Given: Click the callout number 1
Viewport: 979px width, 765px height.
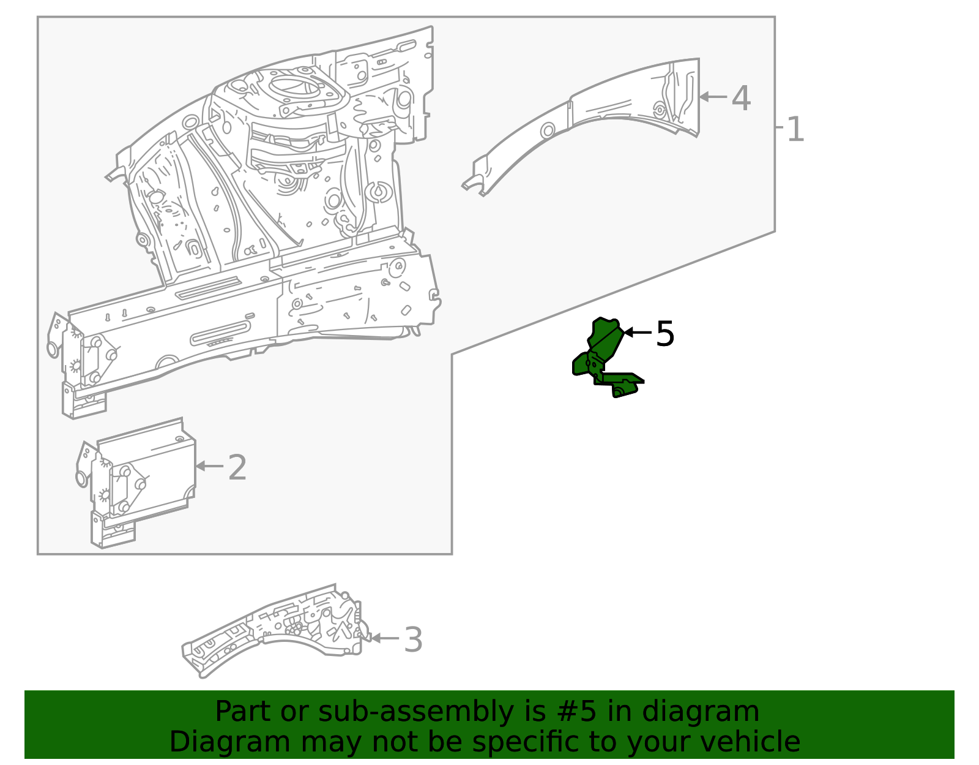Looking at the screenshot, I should point(795,130).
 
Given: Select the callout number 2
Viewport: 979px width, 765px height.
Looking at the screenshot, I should point(237,468).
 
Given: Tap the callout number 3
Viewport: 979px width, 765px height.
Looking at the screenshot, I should point(414,640).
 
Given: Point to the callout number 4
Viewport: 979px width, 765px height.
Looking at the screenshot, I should point(741,98).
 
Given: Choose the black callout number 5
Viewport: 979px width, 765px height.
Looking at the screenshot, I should point(664,334).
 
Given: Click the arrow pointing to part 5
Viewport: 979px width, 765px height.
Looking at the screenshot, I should point(636,333).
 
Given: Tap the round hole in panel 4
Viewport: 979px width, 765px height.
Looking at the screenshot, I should point(548,130).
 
